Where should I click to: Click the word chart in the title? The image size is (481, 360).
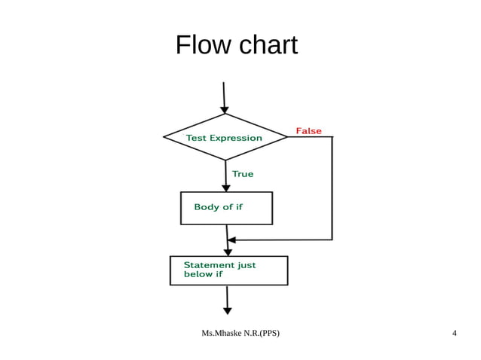268,45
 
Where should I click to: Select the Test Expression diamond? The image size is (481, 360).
225,138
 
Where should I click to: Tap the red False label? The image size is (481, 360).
308,131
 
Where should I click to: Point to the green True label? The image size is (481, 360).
243,174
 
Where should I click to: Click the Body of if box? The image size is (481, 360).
226,208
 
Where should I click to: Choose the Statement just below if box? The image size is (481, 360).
228,270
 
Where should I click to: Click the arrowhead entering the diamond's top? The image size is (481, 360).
225,110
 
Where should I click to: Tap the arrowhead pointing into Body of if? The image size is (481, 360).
225,188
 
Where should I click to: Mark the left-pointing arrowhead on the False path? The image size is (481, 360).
231,240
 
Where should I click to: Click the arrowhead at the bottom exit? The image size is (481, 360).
228,310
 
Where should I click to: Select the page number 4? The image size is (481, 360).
454,333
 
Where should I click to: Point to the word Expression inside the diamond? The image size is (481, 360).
236,138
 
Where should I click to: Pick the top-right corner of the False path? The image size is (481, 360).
332,137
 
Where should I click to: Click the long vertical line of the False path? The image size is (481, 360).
332,188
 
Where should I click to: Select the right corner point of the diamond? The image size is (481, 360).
287,137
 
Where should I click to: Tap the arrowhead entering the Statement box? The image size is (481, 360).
228,252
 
